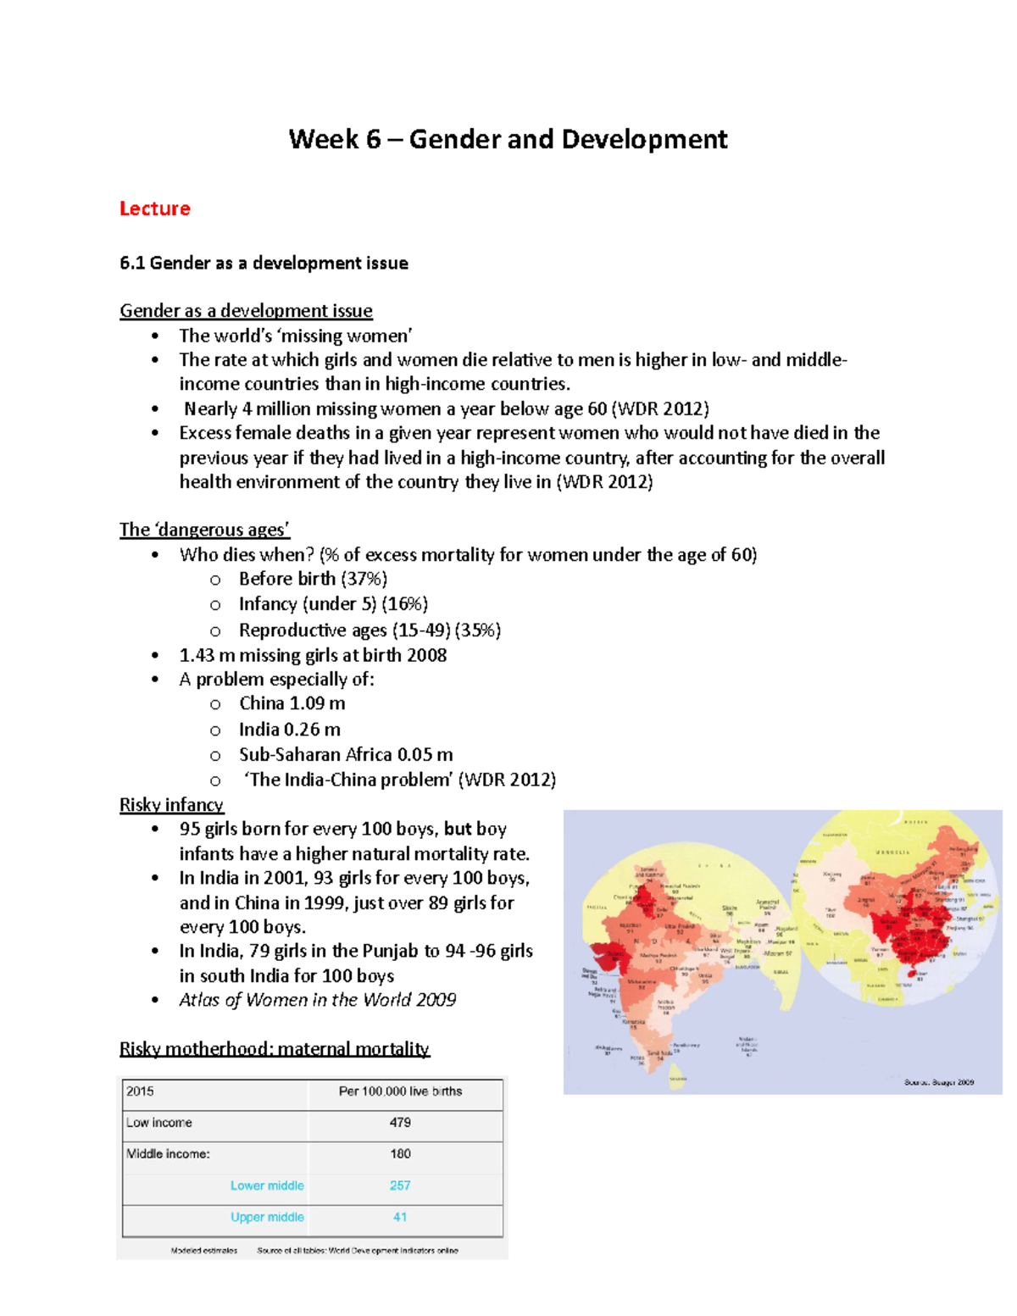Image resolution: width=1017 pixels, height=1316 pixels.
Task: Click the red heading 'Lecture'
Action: point(154,208)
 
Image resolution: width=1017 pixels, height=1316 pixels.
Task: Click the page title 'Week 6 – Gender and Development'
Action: point(508,139)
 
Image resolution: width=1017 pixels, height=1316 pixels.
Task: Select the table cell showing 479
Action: point(400,1122)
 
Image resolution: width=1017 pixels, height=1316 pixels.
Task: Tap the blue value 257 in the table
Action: point(400,1186)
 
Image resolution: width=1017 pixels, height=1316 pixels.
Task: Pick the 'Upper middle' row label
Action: point(267,1217)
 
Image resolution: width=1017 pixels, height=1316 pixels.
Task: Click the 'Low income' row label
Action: point(159,1122)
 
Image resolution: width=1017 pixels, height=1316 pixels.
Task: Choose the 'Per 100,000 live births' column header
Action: point(400,1091)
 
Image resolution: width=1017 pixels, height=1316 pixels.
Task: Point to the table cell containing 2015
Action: point(140,1091)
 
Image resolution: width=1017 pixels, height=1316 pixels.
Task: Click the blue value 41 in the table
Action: point(400,1217)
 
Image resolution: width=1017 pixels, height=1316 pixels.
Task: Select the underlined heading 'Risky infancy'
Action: point(171,804)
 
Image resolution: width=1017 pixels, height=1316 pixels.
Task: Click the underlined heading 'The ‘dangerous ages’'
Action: point(204,530)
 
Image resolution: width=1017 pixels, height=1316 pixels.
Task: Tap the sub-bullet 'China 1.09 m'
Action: point(292,703)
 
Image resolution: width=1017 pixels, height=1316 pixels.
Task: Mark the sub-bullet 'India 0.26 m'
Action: point(289,730)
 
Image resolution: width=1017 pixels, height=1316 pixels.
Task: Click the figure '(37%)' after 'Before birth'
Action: point(364,579)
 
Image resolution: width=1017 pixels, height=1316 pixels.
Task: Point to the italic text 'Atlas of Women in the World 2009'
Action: point(317,1000)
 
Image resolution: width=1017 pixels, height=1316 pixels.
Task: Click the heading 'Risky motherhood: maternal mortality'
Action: point(274,1049)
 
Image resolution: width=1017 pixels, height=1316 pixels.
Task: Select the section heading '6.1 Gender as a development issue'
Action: point(264,264)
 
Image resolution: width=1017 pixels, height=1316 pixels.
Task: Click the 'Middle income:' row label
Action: point(168,1153)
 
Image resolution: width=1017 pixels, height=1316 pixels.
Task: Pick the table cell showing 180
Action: point(400,1153)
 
